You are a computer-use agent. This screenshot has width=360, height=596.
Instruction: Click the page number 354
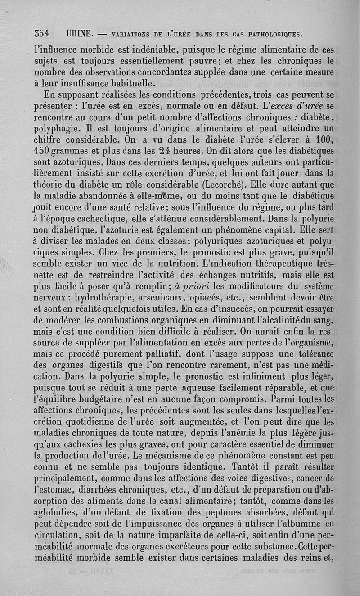[x=41, y=34]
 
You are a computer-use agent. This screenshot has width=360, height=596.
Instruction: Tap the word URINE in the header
[x=79, y=34]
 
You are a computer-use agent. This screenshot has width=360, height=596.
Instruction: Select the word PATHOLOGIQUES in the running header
[x=271, y=34]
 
